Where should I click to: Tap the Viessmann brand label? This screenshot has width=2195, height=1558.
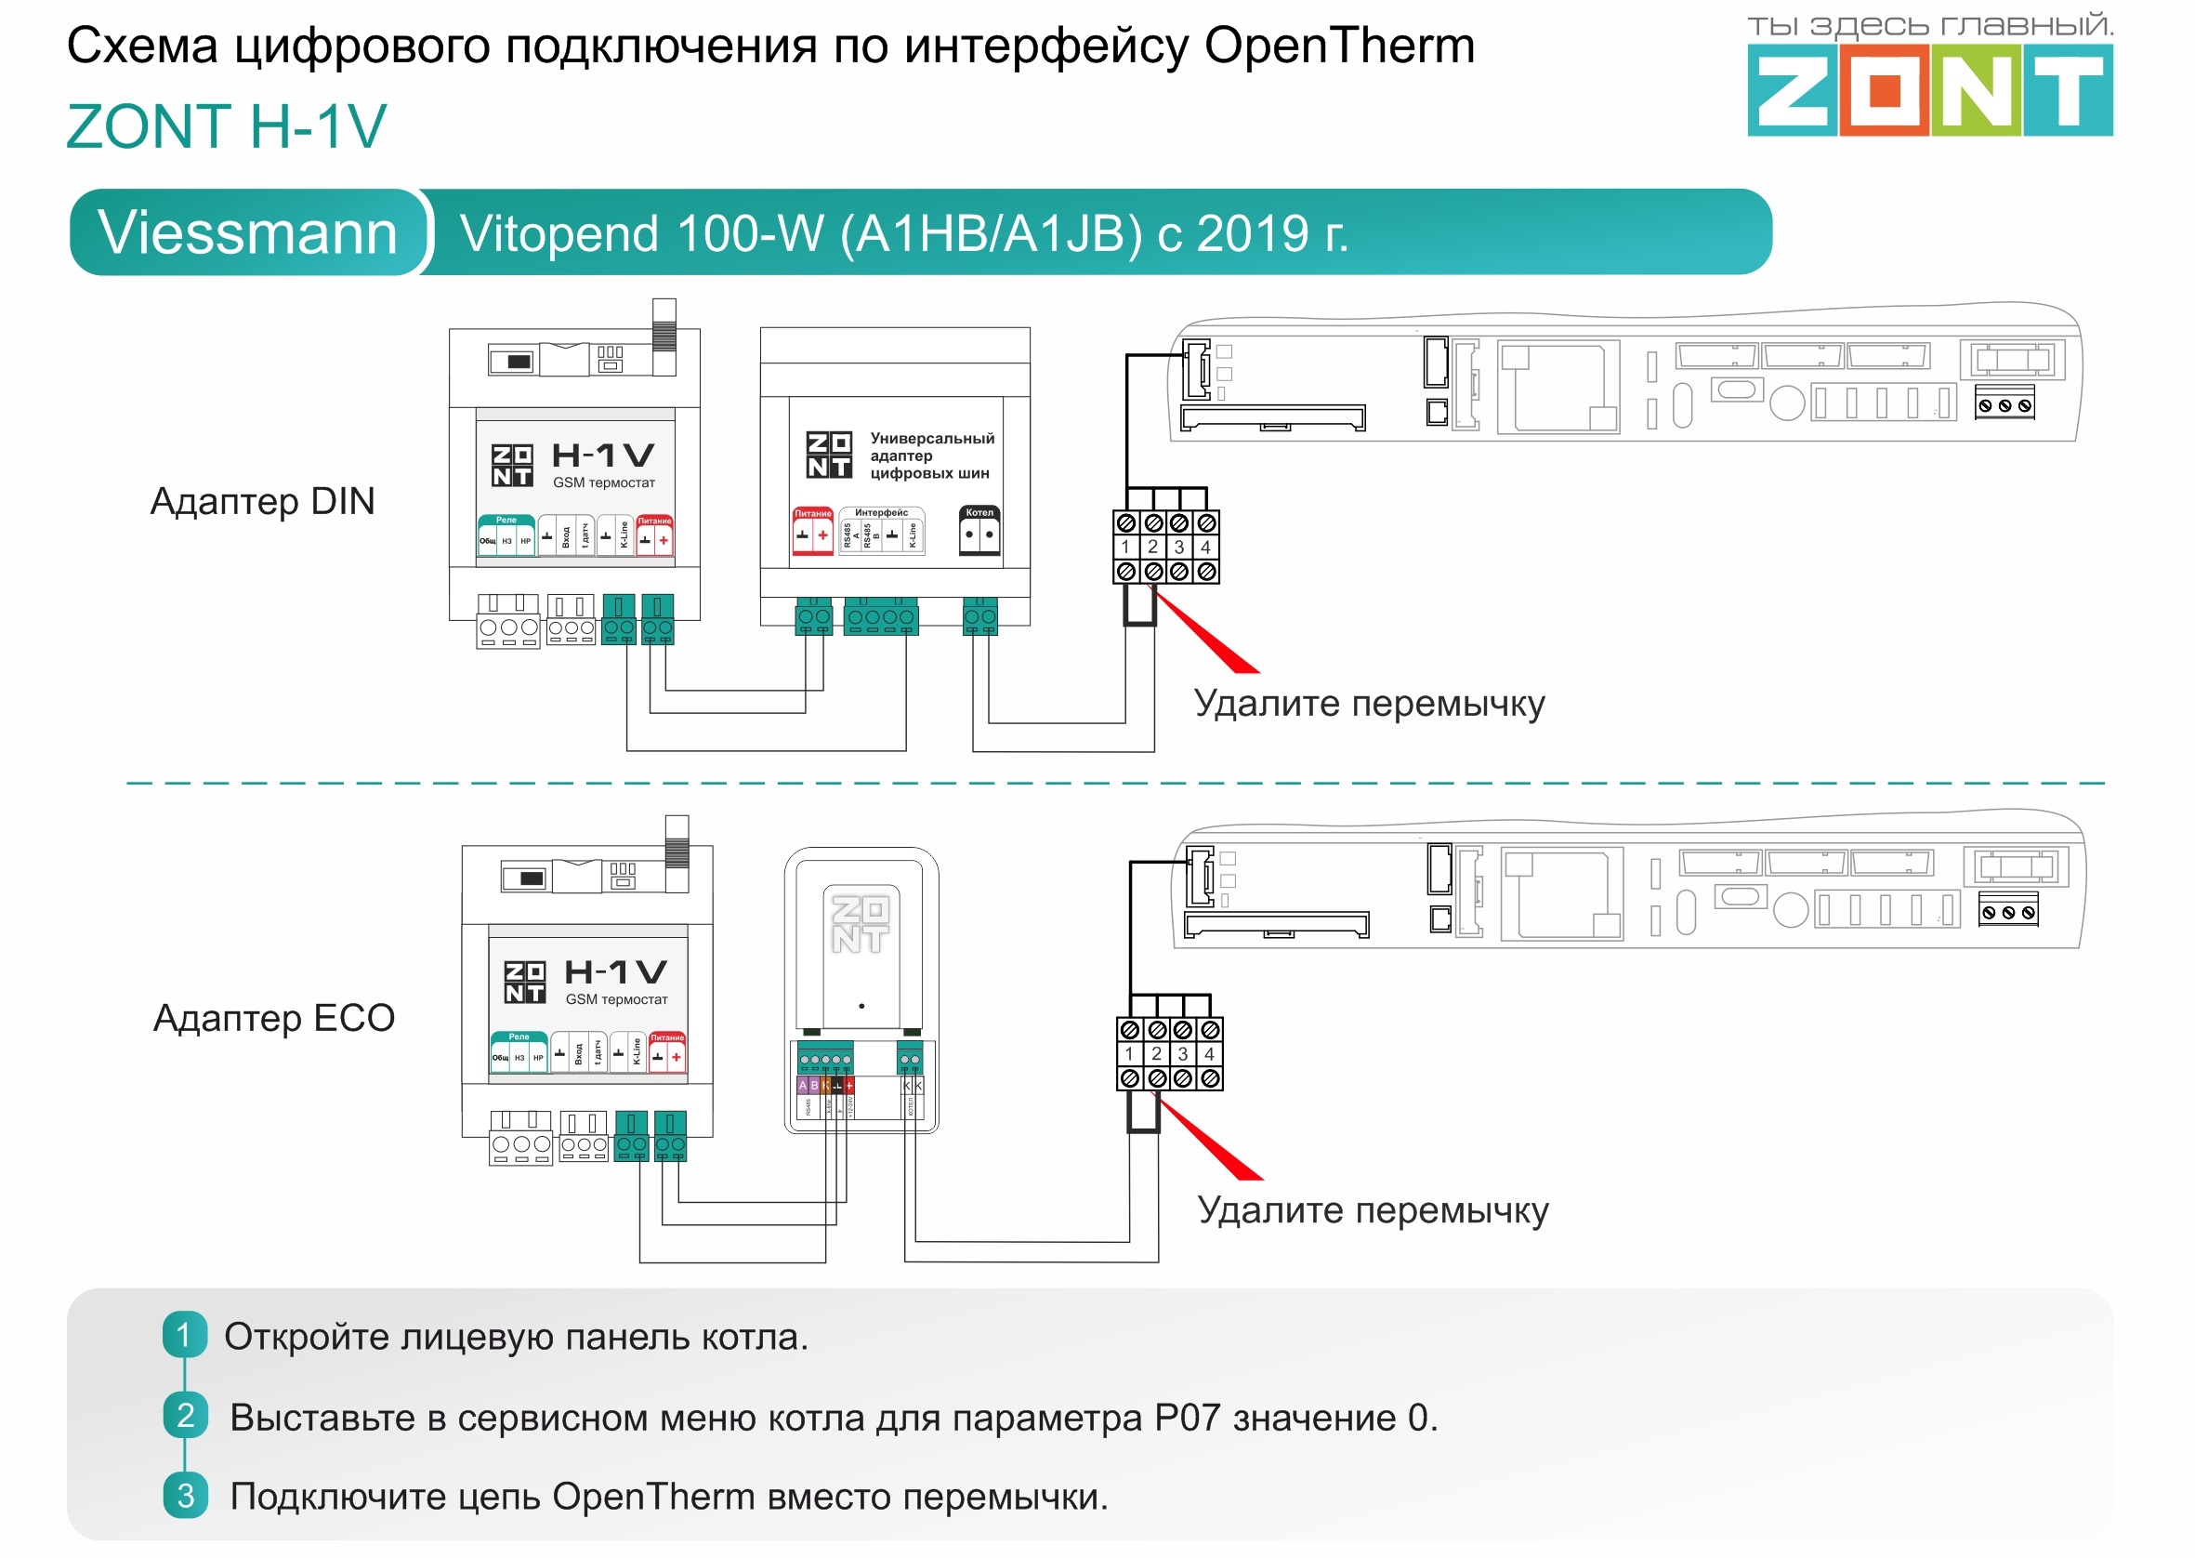[x=247, y=233]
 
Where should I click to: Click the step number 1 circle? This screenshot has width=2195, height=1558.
[x=184, y=1335]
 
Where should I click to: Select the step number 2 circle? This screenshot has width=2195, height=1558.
[x=185, y=1415]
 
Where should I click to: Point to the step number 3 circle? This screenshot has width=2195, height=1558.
[x=185, y=1496]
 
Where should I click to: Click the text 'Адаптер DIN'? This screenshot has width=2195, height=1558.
[x=262, y=501]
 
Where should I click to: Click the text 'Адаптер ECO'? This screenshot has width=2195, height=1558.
[x=273, y=1018]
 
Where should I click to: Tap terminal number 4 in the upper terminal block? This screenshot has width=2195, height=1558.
[x=1205, y=547]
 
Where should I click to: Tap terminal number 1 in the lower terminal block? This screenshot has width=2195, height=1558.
[x=1130, y=1053]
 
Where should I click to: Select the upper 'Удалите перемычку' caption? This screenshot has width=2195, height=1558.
[x=1369, y=703]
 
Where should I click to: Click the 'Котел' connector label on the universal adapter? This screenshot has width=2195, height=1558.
[x=979, y=512]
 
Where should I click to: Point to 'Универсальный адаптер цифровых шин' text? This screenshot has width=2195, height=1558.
[x=930, y=455]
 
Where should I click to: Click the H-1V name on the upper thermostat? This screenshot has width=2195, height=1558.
[x=603, y=455]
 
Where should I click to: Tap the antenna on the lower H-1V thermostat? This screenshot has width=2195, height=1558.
[x=677, y=842]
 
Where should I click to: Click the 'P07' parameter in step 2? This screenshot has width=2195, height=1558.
[x=1187, y=1417]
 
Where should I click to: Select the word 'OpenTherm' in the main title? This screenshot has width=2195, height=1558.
[x=1339, y=46]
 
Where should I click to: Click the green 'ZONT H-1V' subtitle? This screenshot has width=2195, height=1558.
[x=227, y=126]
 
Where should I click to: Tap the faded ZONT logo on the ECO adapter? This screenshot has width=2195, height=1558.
[x=860, y=924]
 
